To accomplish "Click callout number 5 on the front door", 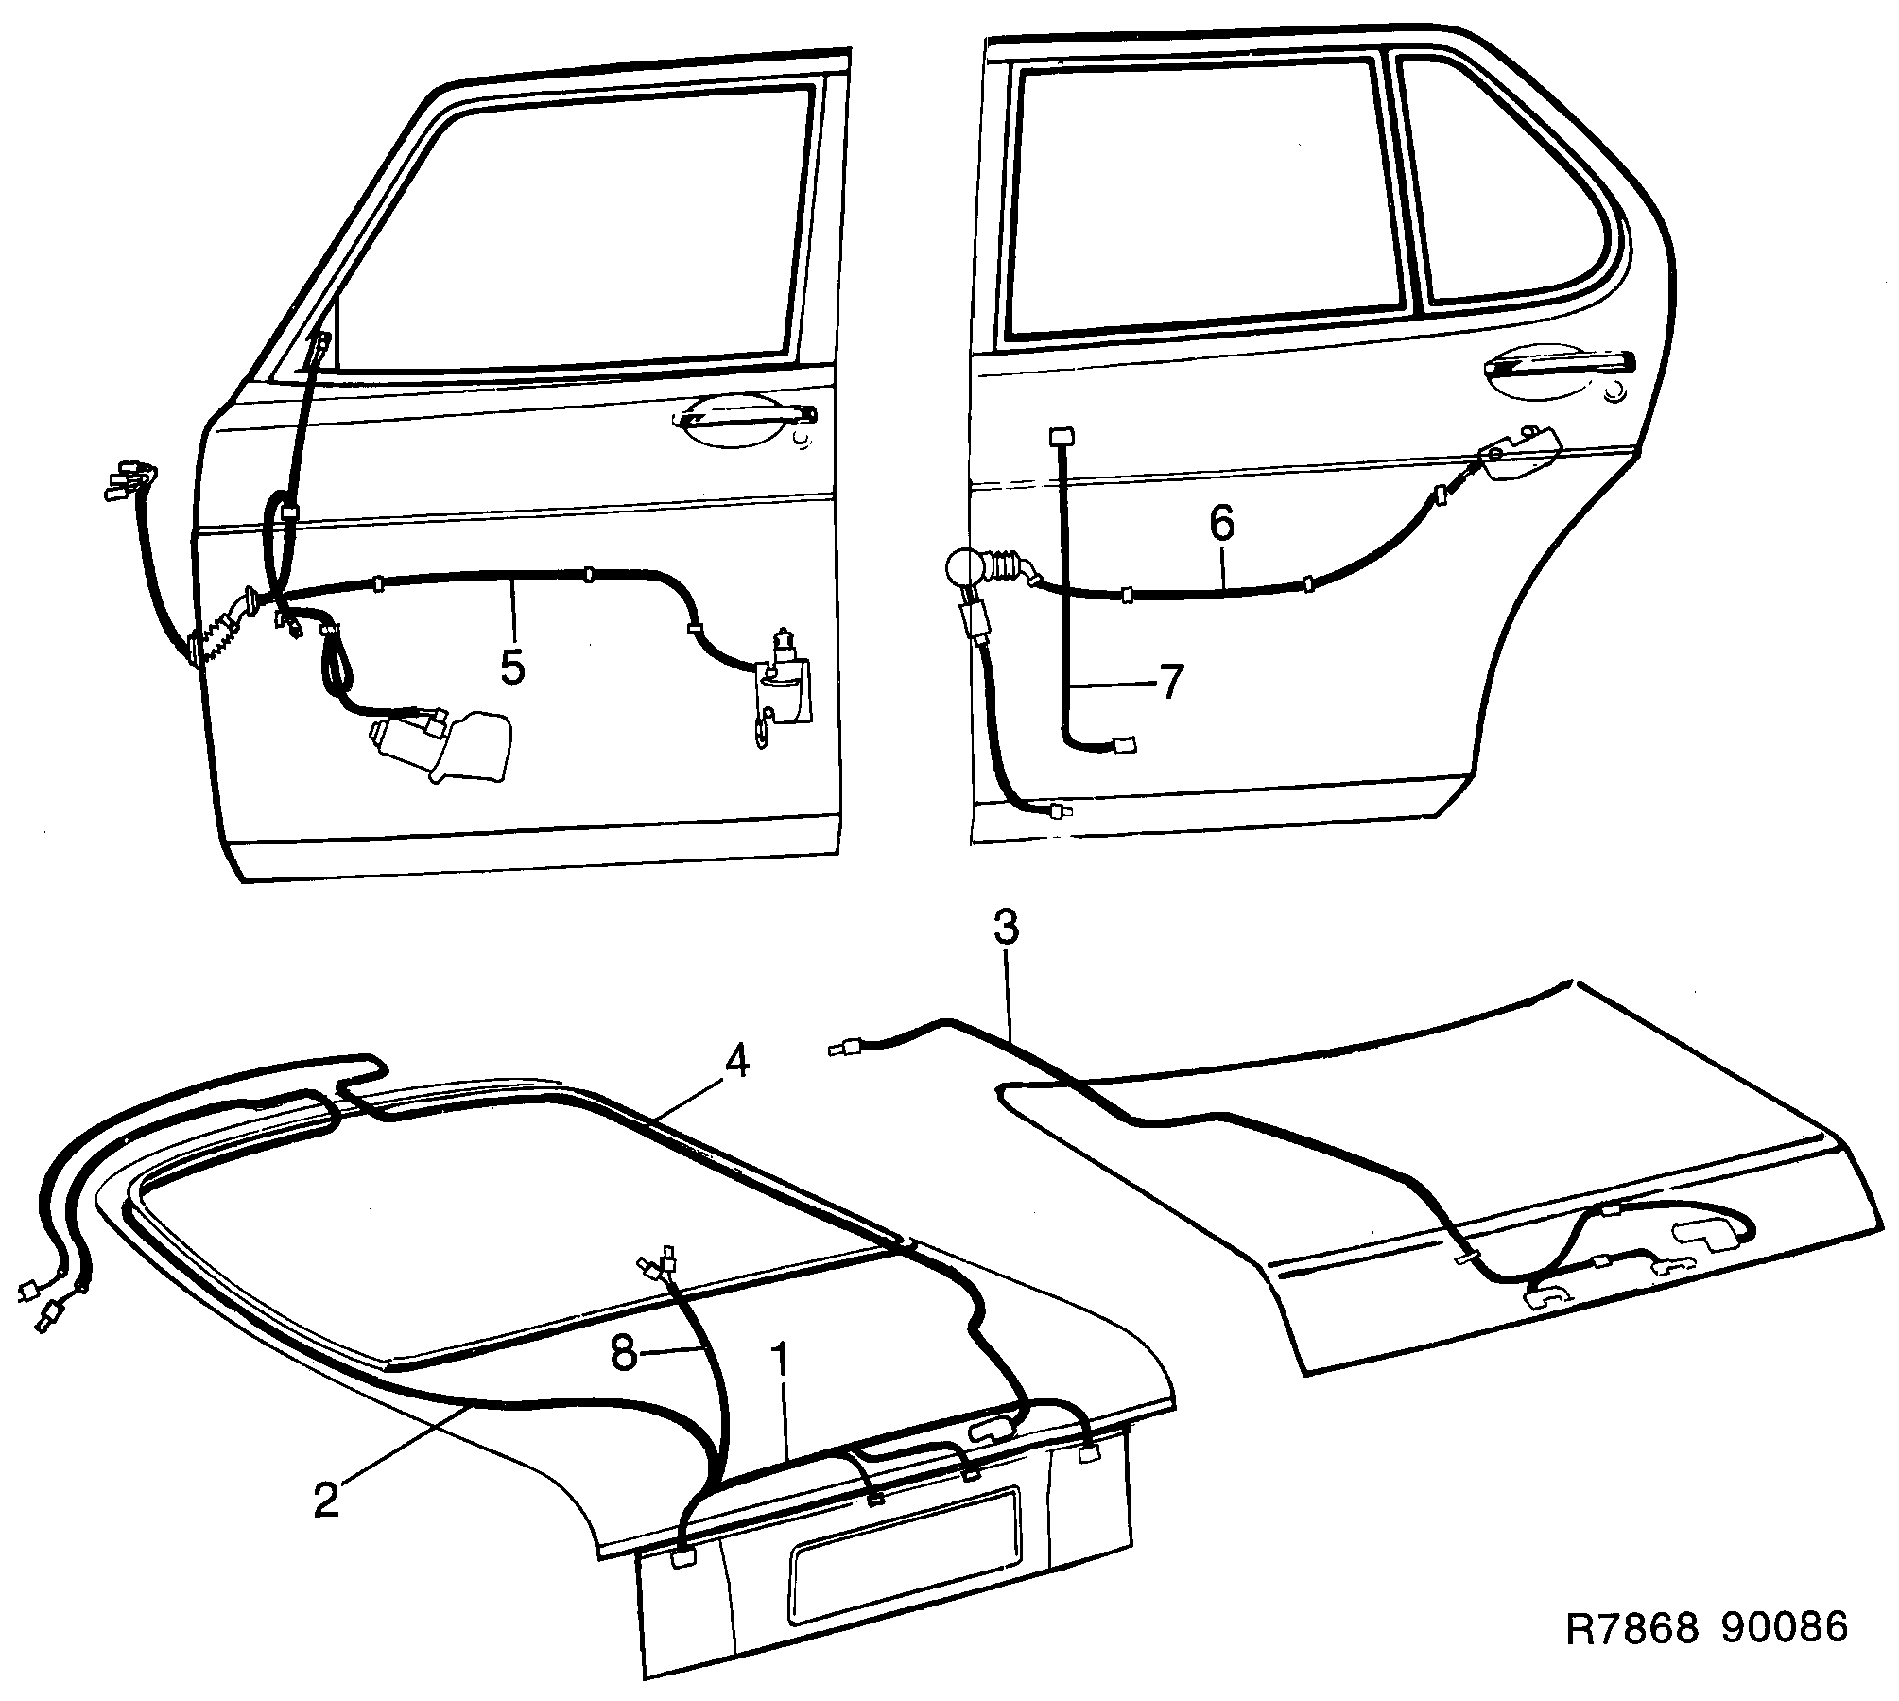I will tap(511, 667).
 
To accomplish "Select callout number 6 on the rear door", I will tap(1222, 523).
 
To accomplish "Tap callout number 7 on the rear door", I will tap(1171, 683).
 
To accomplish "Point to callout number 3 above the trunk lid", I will tap(1006, 929).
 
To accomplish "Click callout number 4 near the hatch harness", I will tap(736, 1063).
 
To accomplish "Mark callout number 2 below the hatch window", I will tap(326, 1500).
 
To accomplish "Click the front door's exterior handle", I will tap(747, 417).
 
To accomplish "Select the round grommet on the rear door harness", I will tap(964, 571).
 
